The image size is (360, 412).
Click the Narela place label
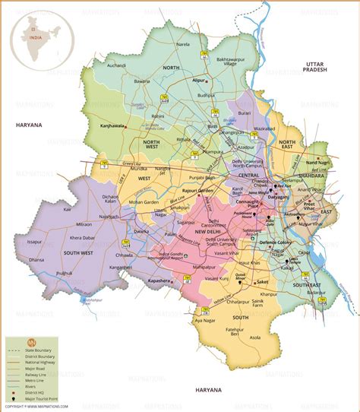182,45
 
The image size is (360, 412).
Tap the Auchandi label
115,65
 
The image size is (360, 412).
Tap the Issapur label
34,241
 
